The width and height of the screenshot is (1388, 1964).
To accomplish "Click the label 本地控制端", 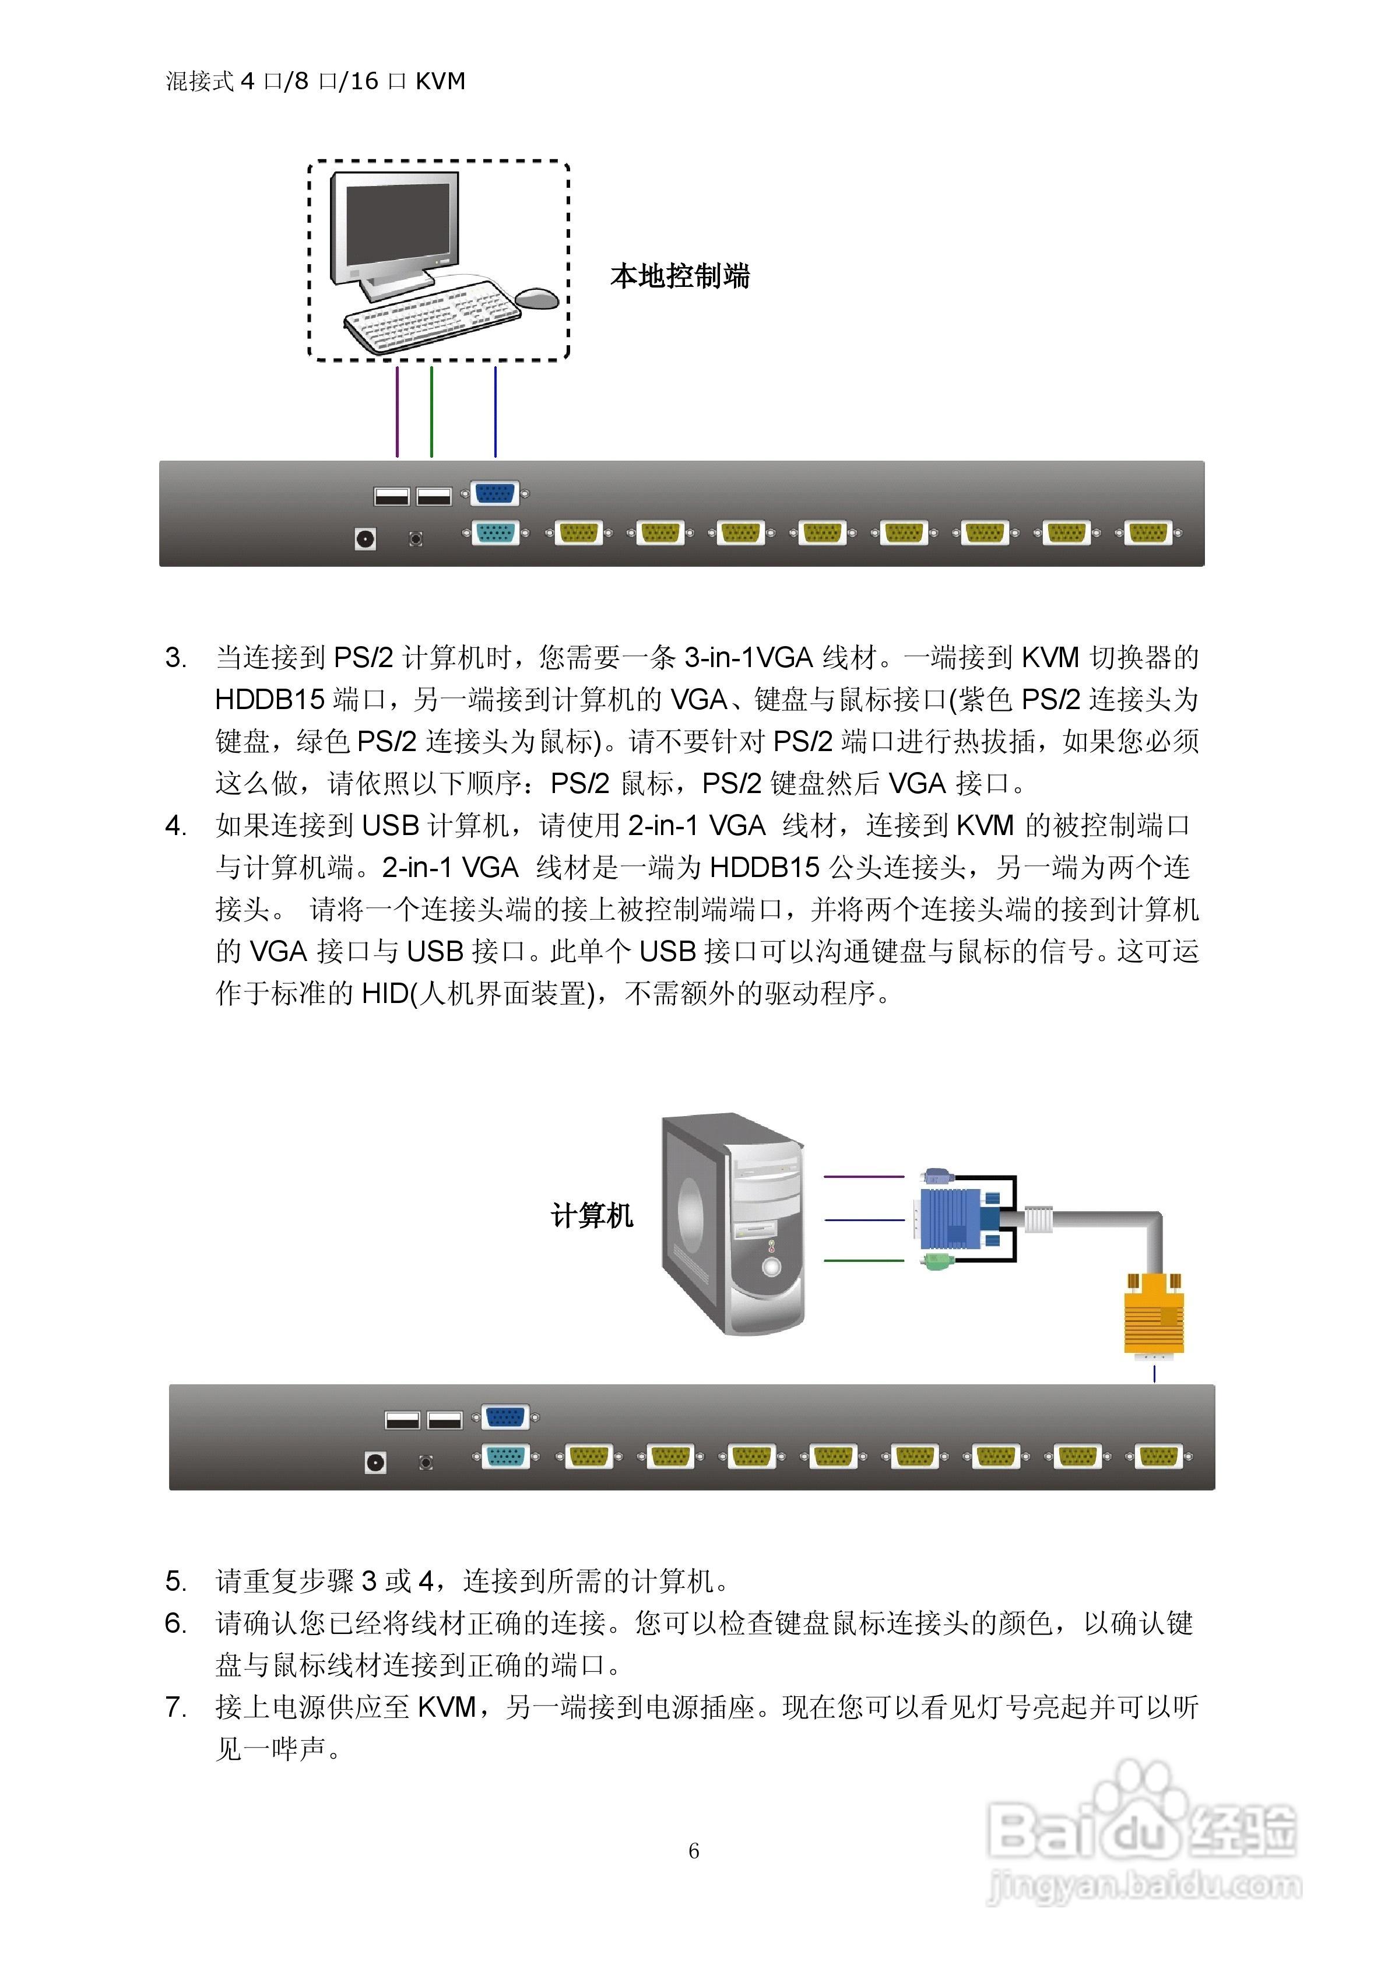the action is click(680, 276).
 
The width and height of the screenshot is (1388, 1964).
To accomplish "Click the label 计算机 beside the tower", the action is click(592, 1215).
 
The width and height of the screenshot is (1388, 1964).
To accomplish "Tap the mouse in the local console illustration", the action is click(537, 297).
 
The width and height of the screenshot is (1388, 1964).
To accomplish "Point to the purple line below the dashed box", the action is click(397, 411).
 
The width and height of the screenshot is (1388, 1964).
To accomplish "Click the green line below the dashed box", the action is click(432, 411).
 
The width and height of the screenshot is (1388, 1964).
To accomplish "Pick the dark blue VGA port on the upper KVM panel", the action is click(494, 493).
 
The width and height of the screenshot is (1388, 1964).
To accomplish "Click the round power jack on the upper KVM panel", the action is click(365, 539).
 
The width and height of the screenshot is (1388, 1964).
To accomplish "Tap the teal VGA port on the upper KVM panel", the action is click(494, 534).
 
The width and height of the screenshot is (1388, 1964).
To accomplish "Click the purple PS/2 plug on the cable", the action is click(938, 1176).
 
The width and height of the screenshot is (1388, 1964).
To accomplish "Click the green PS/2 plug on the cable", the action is click(938, 1261).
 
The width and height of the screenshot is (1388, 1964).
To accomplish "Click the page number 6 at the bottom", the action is click(694, 1851).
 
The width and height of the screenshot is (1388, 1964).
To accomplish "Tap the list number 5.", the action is click(175, 1581).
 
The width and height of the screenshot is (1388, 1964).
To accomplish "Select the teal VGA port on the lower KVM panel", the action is click(505, 1456).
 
